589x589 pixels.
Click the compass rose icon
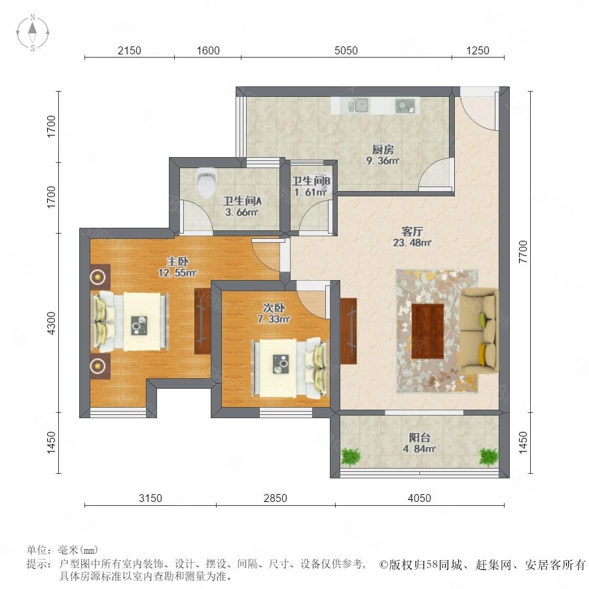[x=33, y=33]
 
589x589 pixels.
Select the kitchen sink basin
[x=359, y=105]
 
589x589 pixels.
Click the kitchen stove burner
[x=405, y=105]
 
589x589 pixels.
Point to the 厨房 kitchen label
[x=383, y=149]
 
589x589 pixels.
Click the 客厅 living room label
[x=412, y=231]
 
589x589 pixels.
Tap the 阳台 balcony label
[x=419, y=438]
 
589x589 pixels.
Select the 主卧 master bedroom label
[x=177, y=261]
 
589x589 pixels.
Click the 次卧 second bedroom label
[x=274, y=308]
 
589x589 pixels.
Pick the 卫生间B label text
[x=312, y=181]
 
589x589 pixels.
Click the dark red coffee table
[x=427, y=331]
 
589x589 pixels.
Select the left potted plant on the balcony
[x=351, y=456]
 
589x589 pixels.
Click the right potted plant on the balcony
[x=489, y=457]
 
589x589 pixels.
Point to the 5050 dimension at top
[x=346, y=50]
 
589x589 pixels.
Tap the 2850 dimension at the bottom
[x=276, y=498]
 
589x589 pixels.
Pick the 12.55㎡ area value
[x=177, y=273]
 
